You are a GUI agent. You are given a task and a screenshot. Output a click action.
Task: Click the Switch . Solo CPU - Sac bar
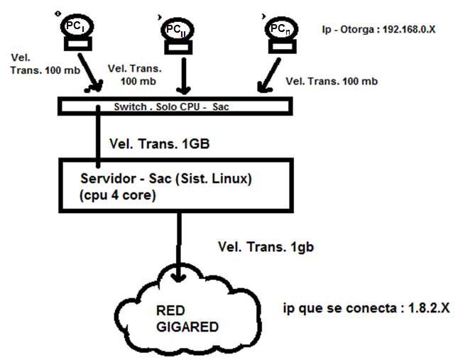coord(174,106)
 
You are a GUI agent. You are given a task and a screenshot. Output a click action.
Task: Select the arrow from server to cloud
coord(179,245)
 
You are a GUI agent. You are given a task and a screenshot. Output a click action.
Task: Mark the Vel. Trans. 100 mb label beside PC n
coord(331,82)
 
